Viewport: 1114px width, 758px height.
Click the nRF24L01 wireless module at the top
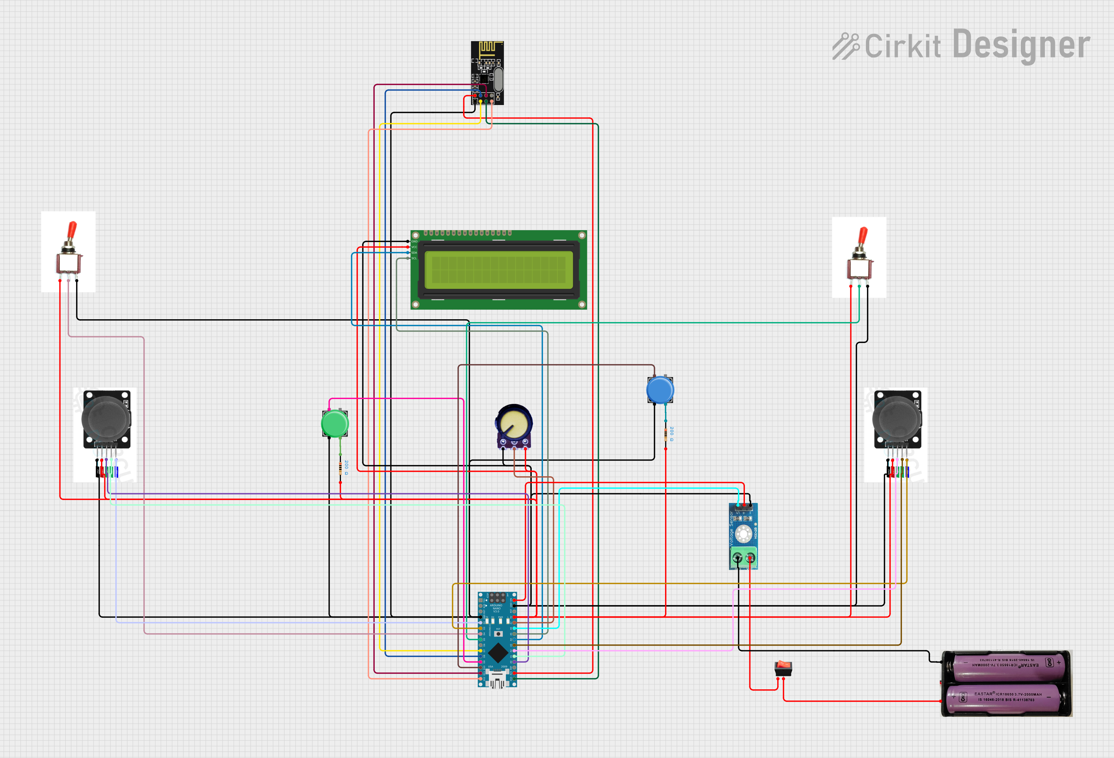coord(487,72)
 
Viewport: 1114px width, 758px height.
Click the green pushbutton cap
coord(335,424)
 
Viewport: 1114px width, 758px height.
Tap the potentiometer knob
coord(514,423)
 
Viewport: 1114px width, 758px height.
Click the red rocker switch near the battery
coord(783,667)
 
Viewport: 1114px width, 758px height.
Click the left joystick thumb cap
coord(105,419)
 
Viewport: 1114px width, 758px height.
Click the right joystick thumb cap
coord(896,419)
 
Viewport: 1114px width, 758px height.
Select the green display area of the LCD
coord(499,270)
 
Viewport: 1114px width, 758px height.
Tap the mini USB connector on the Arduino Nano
coord(497,679)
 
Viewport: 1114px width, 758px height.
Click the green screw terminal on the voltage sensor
coord(743,558)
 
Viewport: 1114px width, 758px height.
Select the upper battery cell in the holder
coord(1008,666)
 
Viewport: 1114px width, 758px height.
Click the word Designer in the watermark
coord(1021,45)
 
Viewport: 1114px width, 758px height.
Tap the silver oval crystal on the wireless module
coord(499,79)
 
